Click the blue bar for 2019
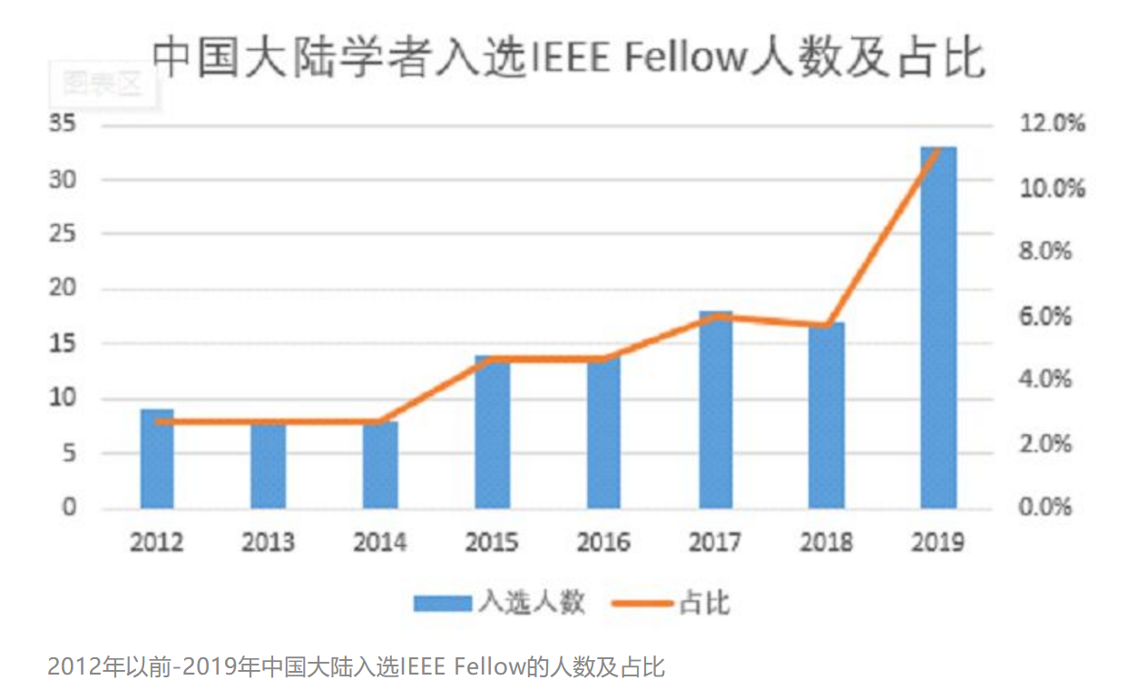[938, 327]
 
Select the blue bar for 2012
[156, 458]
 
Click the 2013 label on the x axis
[268, 542]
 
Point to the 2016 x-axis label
[603, 542]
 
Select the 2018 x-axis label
[827, 542]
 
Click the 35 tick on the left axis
[64, 125]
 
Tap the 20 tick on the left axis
[64, 290]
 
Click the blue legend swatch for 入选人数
[443, 603]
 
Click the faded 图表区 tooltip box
[103, 84]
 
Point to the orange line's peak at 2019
[938, 150]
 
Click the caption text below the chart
[356, 668]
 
